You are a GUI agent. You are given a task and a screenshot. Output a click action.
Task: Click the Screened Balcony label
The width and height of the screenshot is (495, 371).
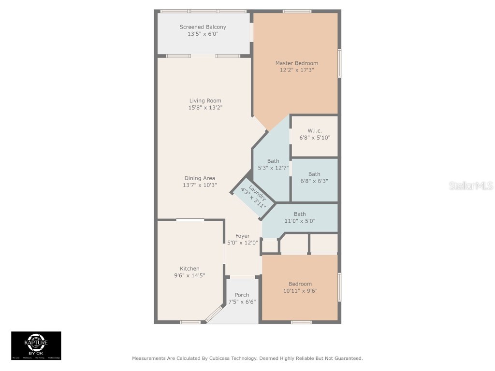point(203,27)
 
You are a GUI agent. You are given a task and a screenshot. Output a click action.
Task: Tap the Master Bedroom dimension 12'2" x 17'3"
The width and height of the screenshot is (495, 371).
point(296,70)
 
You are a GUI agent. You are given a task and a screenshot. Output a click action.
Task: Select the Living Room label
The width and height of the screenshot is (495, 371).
point(205,100)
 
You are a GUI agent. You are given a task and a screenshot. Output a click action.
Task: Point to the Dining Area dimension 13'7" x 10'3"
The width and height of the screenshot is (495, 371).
point(199,185)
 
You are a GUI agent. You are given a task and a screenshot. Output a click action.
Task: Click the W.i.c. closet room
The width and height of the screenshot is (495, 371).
point(314,135)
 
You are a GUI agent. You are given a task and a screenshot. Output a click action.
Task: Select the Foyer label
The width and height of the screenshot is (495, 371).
point(242,236)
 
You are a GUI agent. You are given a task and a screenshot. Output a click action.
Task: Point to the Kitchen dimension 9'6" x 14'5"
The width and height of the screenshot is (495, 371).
point(189,275)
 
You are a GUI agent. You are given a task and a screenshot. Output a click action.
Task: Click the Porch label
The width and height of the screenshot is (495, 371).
point(242,295)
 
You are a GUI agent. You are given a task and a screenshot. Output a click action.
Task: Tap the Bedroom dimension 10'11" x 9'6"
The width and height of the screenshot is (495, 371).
point(300,291)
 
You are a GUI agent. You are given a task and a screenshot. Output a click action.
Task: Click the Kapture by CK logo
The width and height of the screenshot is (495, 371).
point(36,345)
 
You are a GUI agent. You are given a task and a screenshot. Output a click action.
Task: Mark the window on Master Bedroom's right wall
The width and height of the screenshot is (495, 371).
point(339,63)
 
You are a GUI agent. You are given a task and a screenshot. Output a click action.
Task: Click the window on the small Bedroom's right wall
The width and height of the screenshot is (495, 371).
point(339,287)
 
